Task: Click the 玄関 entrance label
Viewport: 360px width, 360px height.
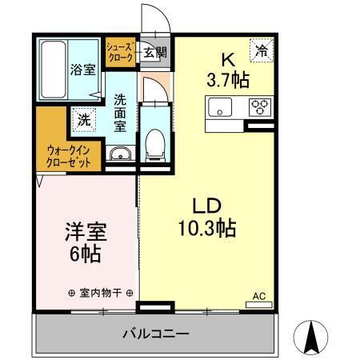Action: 155,53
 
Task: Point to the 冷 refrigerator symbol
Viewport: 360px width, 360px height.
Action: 261,50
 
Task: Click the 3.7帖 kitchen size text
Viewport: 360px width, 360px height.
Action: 226,79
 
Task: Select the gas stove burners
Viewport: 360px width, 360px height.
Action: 260,106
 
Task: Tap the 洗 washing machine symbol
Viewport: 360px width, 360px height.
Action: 83,121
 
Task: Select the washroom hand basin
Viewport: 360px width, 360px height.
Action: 121,154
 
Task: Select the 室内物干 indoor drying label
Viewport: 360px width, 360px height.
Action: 101,293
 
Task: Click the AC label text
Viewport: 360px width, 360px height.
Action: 258,295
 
